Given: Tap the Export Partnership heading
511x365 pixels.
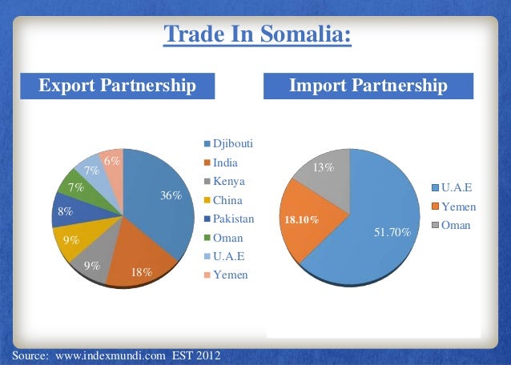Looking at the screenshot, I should (x=118, y=85).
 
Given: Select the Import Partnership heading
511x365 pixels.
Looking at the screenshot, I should (x=368, y=85).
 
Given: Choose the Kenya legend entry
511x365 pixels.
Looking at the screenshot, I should (x=228, y=181).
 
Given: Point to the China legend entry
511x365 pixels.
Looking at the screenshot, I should (x=227, y=200).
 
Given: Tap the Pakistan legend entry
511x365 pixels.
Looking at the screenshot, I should (x=232, y=219).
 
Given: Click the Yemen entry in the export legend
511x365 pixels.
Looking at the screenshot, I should (x=230, y=275).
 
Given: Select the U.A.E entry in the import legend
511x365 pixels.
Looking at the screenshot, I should (x=456, y=188).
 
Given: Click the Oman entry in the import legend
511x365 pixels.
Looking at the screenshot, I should (x=455, y=226).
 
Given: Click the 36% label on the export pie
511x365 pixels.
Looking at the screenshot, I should (x=171, y=196).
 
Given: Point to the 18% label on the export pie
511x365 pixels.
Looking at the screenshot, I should (x=142, y=272).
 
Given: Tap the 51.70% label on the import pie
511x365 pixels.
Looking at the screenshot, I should (x=392, y=233).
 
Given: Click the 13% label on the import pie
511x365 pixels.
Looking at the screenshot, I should (x=324, y=168).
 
